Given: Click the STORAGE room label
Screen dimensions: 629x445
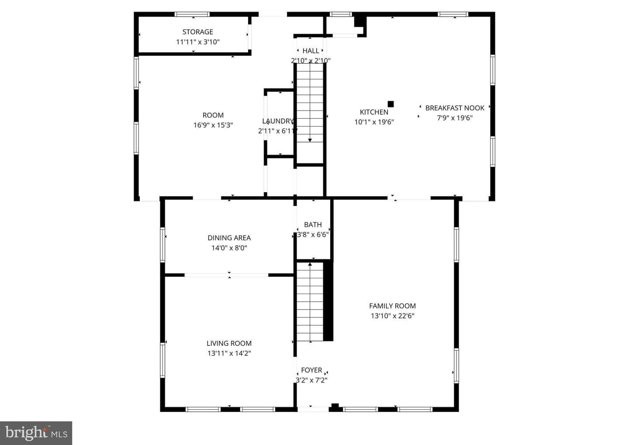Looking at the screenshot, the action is click(198, 32).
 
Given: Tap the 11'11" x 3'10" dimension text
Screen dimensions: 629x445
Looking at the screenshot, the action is click(198, 42).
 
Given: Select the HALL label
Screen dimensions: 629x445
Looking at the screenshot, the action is click(311, 51).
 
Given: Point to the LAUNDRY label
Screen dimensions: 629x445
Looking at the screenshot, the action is click(278, 121).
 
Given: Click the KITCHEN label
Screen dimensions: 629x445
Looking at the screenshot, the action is click(374, 112).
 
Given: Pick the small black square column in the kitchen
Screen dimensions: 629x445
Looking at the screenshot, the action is click(391, 104).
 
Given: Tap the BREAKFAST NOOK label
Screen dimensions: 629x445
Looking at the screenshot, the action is click(455, 108).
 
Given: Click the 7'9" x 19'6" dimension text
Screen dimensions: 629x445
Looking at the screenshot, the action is click(455, 118).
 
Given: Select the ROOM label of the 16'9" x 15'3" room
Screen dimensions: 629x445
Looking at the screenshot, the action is click(213, 115).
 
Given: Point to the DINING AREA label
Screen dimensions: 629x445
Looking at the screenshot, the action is click(229, 238).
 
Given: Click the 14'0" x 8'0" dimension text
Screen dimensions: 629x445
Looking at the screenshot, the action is click(229, 248).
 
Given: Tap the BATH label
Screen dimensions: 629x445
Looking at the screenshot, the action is click(313, 224).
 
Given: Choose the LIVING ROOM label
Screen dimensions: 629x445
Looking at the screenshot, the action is click(229, 343).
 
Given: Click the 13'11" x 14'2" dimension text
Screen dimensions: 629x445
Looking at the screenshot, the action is click(229, 353).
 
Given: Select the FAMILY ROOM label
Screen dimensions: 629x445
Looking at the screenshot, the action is click(392, 306).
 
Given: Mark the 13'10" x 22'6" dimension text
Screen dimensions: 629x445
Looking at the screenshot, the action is click(392, 316).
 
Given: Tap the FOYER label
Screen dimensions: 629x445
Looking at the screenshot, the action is click(311, 370).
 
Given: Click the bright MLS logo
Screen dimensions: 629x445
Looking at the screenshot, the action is click(36, 433).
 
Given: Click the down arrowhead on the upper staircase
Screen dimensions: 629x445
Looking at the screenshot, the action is click(310, 140).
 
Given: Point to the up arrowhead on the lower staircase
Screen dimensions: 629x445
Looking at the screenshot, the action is click(310, 264).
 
